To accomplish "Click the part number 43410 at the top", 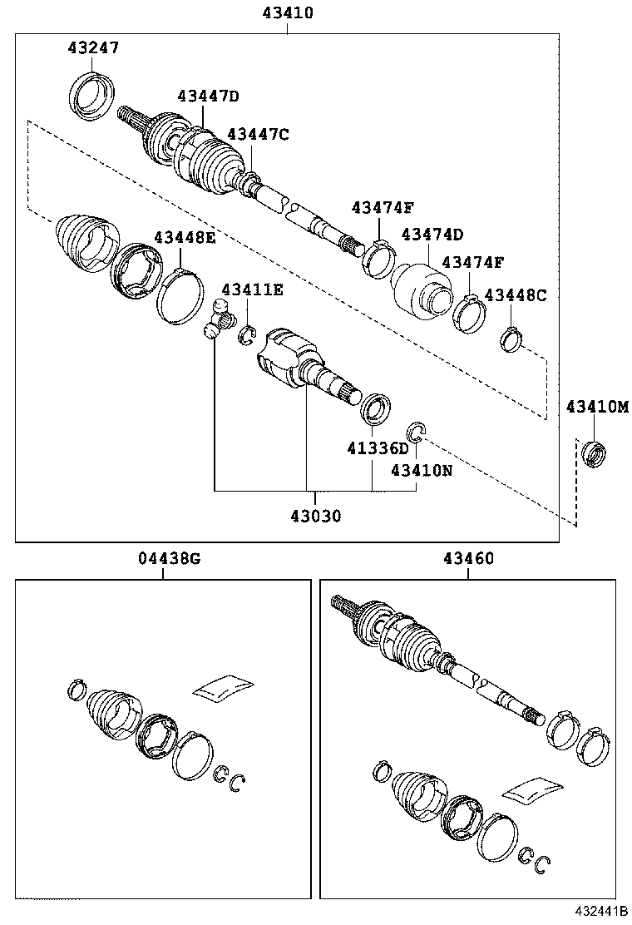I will [x=288, y=13].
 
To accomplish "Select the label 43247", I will [x=93, y=47].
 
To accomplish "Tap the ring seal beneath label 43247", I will [x=91, y=93].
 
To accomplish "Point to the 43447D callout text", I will [x=208, y=96].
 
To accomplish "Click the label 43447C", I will [x=258, y=134].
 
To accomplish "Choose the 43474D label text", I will [x=432, y=235].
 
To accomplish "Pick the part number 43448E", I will [x=184, y=238].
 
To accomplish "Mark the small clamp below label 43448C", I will [x=511, y=339].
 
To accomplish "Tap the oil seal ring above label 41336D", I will [x=376, y=408].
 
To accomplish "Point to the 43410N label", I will [x=422, y=470].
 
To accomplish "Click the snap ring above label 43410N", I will [x=416, y=431].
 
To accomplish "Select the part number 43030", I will [x=316, y=516].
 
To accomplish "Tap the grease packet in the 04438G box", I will [x=222, y=686].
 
